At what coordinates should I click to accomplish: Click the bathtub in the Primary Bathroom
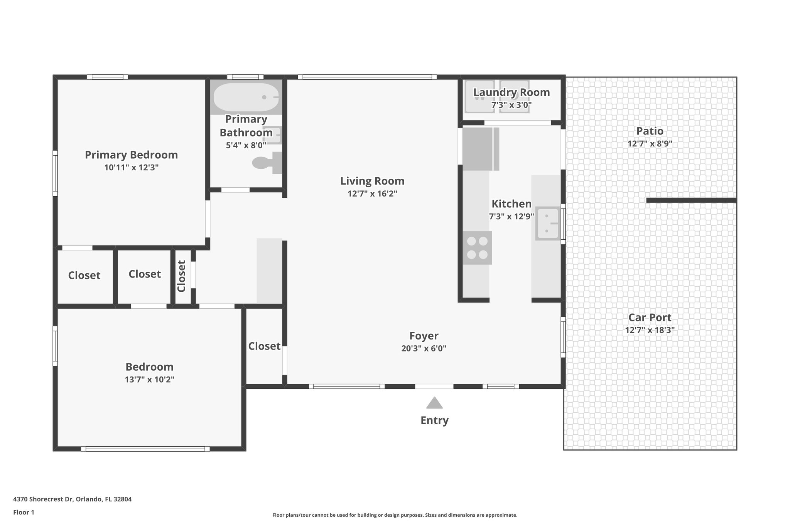pyautogui.click(x=246, y=97)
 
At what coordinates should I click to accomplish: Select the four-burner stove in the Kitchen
pyautogui.click(x=477, y=248)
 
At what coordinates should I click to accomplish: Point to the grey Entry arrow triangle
pyautogui.click(x=434, y=403)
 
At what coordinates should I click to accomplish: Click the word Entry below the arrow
pyautogui.click(x=434, y=420)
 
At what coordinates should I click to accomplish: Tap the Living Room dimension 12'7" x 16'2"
pyautogui.click(x=372, y=193)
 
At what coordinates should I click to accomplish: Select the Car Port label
pyautogui.click(x=650, y=318)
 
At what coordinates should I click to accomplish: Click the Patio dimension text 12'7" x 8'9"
pyautogui.click(x=650, y=144)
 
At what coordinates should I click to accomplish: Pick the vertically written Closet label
pyautogui.click(x=182, y=276)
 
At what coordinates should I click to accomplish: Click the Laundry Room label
pyautogui.click(x=511, y=92)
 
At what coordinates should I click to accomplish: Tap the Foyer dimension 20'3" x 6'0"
pyautogui.click(x=424, y=349)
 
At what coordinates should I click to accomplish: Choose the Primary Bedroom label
pyautogui.click(x=131, y=155)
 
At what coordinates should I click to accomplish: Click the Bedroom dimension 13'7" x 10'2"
pyautogui.click(x=149, y=380)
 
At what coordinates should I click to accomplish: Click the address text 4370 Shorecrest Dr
pyautogui.click(x=72, y=499)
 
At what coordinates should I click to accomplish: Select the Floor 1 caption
pyautogui.click(x=24, y=513)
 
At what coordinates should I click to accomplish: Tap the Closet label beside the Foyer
pyautogui.click(x=264, y=346)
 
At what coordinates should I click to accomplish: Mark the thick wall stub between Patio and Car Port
pyautogui.click(x=691, y=200)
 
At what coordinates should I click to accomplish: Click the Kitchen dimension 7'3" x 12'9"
pyautogui.click(x=511, y=217)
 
